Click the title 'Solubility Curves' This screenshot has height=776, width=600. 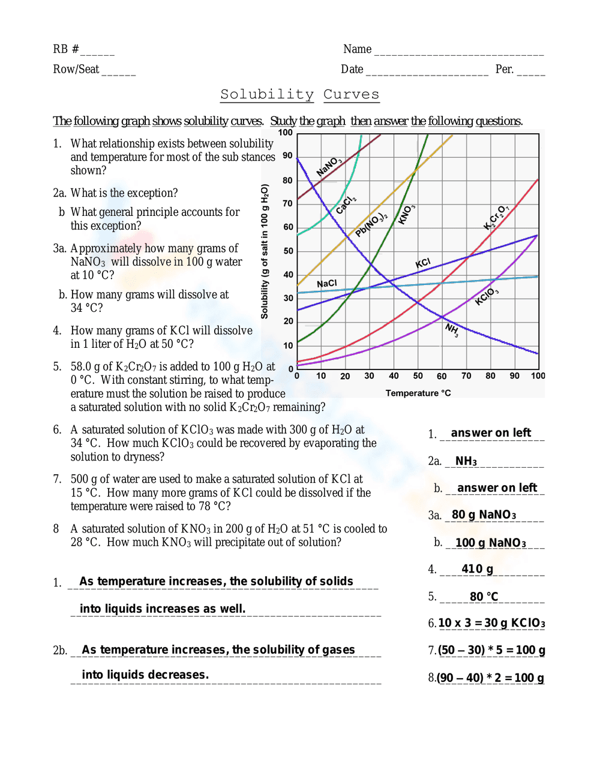pos(299,94)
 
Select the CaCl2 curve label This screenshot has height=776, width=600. pos(346,204)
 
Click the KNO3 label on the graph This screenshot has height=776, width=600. pos(407,214)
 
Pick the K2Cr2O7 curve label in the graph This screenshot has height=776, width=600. pos(496,217)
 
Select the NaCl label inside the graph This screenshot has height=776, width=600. pos(327,283)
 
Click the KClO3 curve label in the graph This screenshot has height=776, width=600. pos(487,296)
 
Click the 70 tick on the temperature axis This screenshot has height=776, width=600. pos(466,376)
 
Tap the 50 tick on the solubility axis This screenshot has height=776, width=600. pos(289,251)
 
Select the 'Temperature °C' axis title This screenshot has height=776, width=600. pos(418,393)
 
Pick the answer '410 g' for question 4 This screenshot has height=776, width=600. pos(477,569)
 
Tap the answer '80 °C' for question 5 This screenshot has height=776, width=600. pos(484,596)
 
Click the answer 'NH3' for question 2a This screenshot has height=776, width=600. pos(466,461)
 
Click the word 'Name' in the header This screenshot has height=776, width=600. pos(357,49)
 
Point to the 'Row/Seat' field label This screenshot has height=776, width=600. pos(76,69)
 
